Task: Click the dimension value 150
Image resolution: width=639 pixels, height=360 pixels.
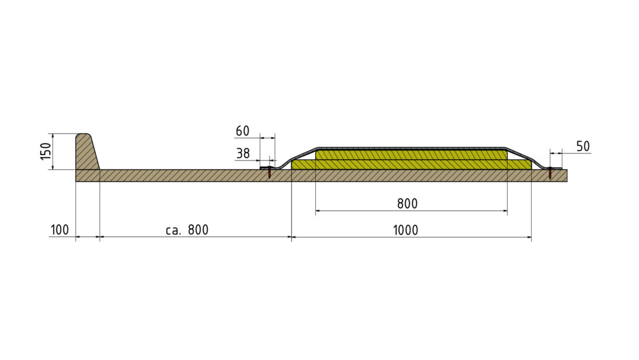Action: click(x=46, y=152)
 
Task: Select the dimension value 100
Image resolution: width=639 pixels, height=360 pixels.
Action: click(x=60, y=230)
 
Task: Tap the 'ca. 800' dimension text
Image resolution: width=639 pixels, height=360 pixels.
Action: click(x=187, y=230)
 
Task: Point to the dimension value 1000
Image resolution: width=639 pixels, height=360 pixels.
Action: click(x=406, y=230)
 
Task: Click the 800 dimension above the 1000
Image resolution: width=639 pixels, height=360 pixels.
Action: click(x=407, y=204)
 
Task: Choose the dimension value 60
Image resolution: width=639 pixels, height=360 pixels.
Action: click(x=243, y=131)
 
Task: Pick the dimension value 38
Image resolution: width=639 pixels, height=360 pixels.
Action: click(x=243, y=153)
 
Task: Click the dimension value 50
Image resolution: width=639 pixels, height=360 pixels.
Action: click(x=583, y=146)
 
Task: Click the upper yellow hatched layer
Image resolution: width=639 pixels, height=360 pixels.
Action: click(x=411, y=155)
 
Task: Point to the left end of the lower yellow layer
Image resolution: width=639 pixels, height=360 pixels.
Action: click(x=292, y=165)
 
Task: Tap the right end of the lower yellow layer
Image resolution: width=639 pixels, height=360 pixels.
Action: click(x=531, y=165)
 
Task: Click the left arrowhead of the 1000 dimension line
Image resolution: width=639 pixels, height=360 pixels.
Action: click(x=294, y=237)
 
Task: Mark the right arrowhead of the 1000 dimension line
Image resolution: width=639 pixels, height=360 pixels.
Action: click(x=529, y=237)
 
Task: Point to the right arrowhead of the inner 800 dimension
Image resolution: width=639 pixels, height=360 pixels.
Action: click(x=505, y=211)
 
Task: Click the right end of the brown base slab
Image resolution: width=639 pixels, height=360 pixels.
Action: click(x=567, y=176)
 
